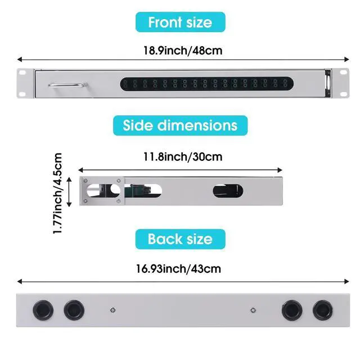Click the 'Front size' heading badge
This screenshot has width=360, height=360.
180,22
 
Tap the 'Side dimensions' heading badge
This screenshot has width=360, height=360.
180,125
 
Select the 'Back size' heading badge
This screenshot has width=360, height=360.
180,239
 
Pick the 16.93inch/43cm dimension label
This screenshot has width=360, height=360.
181,269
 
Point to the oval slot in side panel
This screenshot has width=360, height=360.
228,191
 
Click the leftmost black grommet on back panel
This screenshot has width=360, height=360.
42,310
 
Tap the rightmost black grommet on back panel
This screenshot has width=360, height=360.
323,310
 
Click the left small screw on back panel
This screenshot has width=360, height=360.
112,310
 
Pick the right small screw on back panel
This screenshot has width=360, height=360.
253,310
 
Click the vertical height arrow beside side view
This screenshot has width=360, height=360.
69,191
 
